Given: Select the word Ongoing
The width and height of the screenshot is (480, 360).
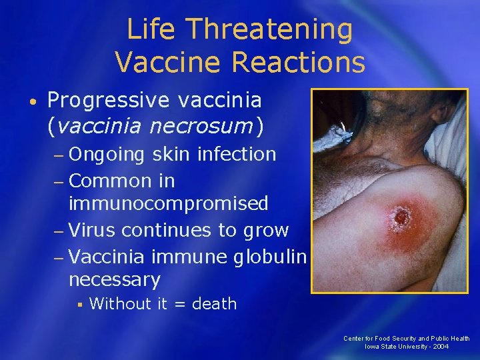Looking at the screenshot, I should coord(106,155).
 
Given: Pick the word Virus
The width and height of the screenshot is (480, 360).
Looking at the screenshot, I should coord(91,230).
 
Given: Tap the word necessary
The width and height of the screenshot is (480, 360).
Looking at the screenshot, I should coord(114,279).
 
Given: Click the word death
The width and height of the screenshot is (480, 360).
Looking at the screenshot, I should coord(214,304).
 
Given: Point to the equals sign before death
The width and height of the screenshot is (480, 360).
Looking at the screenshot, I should coord(179,305).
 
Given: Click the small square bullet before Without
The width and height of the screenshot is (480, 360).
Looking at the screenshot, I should coord(79,304).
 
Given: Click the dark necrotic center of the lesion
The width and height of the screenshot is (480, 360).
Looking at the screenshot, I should coord(401,217).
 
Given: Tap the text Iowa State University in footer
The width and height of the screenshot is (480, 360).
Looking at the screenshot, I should coord(395,347).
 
